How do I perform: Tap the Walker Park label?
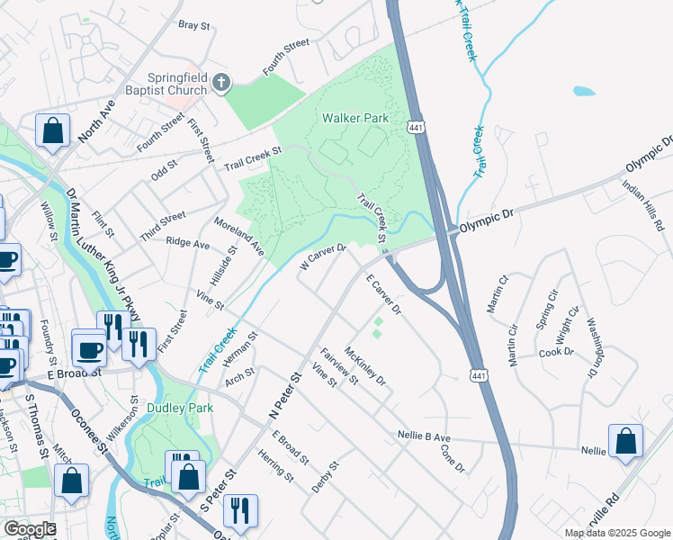coord(354,118)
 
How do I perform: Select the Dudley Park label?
coord(185,408)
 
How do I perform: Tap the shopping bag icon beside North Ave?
coord(53,130)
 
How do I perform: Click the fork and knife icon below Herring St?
coord(240,509)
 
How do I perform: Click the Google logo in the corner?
coord(29,529)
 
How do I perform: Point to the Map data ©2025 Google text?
coord(616,533)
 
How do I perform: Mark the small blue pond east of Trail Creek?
coord(584,91)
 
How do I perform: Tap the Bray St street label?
coord(194,25)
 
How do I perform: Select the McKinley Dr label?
coord(365,367)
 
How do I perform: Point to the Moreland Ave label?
coord(238,234)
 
